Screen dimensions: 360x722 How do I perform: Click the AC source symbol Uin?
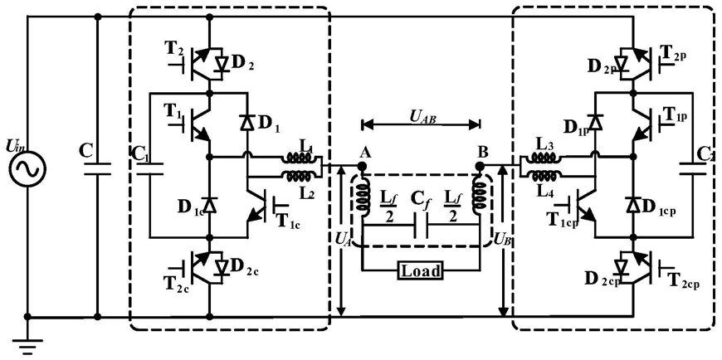27,169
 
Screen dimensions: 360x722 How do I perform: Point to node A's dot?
363,165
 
